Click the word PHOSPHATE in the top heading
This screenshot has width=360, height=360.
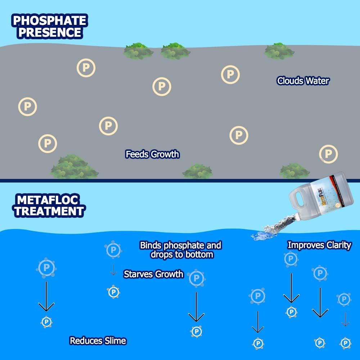50,20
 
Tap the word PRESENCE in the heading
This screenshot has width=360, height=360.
50,32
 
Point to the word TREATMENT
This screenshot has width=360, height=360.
49,211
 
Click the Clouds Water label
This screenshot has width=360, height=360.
303,81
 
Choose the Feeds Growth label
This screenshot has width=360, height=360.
152,154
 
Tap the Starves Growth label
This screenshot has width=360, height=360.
153,274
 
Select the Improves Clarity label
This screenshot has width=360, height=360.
319,246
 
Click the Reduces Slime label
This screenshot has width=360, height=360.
98,341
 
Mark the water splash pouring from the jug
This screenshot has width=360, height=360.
274,230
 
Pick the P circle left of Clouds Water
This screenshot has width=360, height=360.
230,75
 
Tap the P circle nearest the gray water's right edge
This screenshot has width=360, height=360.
328,154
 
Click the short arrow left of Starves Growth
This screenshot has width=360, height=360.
113,270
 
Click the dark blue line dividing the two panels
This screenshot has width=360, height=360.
180,180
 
